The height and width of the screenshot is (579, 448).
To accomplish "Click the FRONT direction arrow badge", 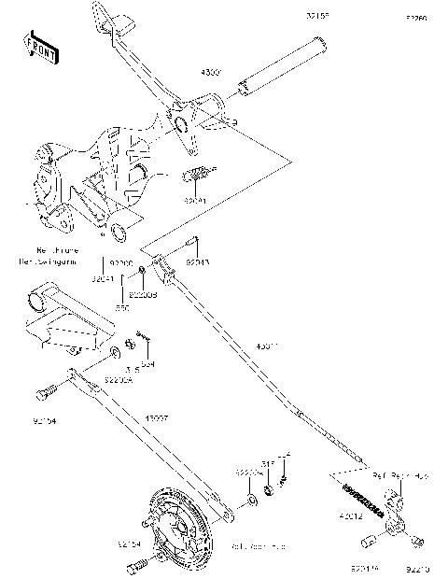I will pyautogui.click(x=41, y=47).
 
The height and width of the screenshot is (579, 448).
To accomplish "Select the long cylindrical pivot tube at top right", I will pyautogui.click(x=280, y=65).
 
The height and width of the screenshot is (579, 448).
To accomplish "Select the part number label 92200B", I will pyautogui.click(x=142, y=295).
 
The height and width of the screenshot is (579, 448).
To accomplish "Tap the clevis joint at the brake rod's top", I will pyautogui.click(x=165, y=271).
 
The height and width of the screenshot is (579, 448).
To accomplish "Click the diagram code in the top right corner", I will pyautogui.click(x=415, y=18).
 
